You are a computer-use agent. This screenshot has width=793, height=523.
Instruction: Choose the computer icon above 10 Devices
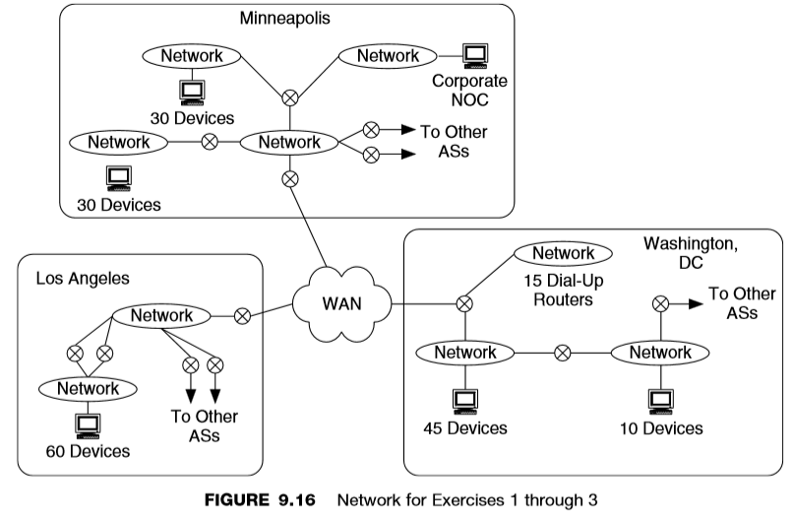[x=660, y=400]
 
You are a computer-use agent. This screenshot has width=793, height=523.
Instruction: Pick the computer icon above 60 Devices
[x=89, y=425]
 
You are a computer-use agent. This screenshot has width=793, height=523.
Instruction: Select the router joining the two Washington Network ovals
[x=562, y=352]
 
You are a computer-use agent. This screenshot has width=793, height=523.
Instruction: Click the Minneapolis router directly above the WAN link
[x=290, y=178]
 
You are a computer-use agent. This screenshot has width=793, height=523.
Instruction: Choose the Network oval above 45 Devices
[x=463, y=352]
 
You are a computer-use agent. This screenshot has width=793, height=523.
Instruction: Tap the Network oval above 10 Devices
[x=659, y=352]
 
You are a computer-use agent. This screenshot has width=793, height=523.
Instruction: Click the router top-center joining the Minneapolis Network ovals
[x=290, y=98]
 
